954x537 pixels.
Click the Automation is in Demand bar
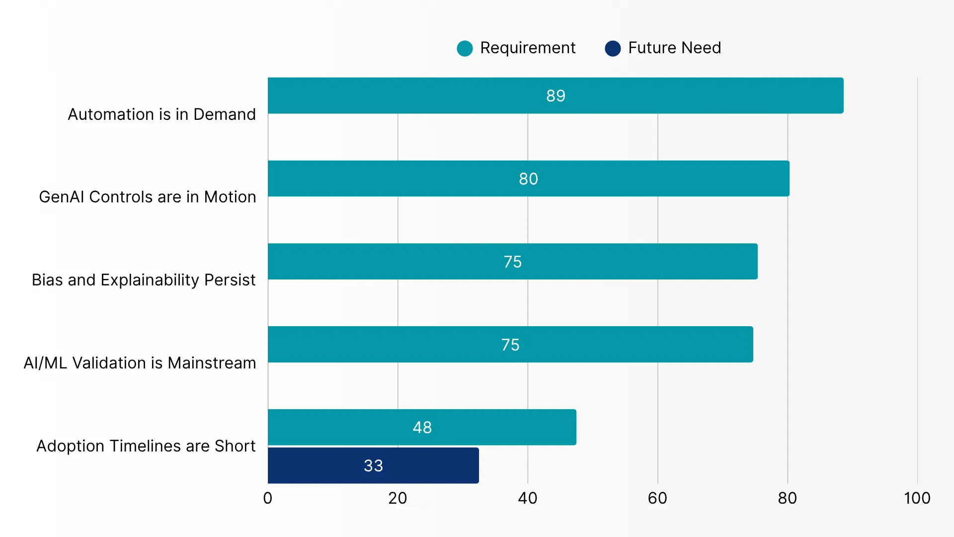click(x=556, y=95)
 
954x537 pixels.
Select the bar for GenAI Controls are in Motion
click(x=529, y=179)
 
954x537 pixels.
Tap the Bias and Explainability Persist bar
click(x=513, y=262)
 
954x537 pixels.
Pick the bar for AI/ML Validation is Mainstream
click(x=510, y=345)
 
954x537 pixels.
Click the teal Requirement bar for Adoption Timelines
click(x=422, y=427)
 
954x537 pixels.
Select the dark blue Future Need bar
click(x=373, y=465)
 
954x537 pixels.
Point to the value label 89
click(x=556, y=95)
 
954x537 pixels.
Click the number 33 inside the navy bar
click(x=373, y=465)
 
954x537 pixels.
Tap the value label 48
click(x=422, y=427)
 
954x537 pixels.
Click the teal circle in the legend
click(x=465, y=48)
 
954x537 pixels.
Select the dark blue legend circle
click(x=613, y=48)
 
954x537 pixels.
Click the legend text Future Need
click(x=674, y=48)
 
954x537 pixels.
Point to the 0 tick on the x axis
click(x=268, y=498)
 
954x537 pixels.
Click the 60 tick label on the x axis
click(x=657, y=498)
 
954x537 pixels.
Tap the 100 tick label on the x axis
click(x=917, y=498)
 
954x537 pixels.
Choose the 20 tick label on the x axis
click(x=397, y=498)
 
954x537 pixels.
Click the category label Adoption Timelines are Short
click(x=146, y=446)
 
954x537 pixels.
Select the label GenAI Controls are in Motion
click(x=148, y=197)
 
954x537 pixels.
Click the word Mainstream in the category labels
click(x=212, y=363)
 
